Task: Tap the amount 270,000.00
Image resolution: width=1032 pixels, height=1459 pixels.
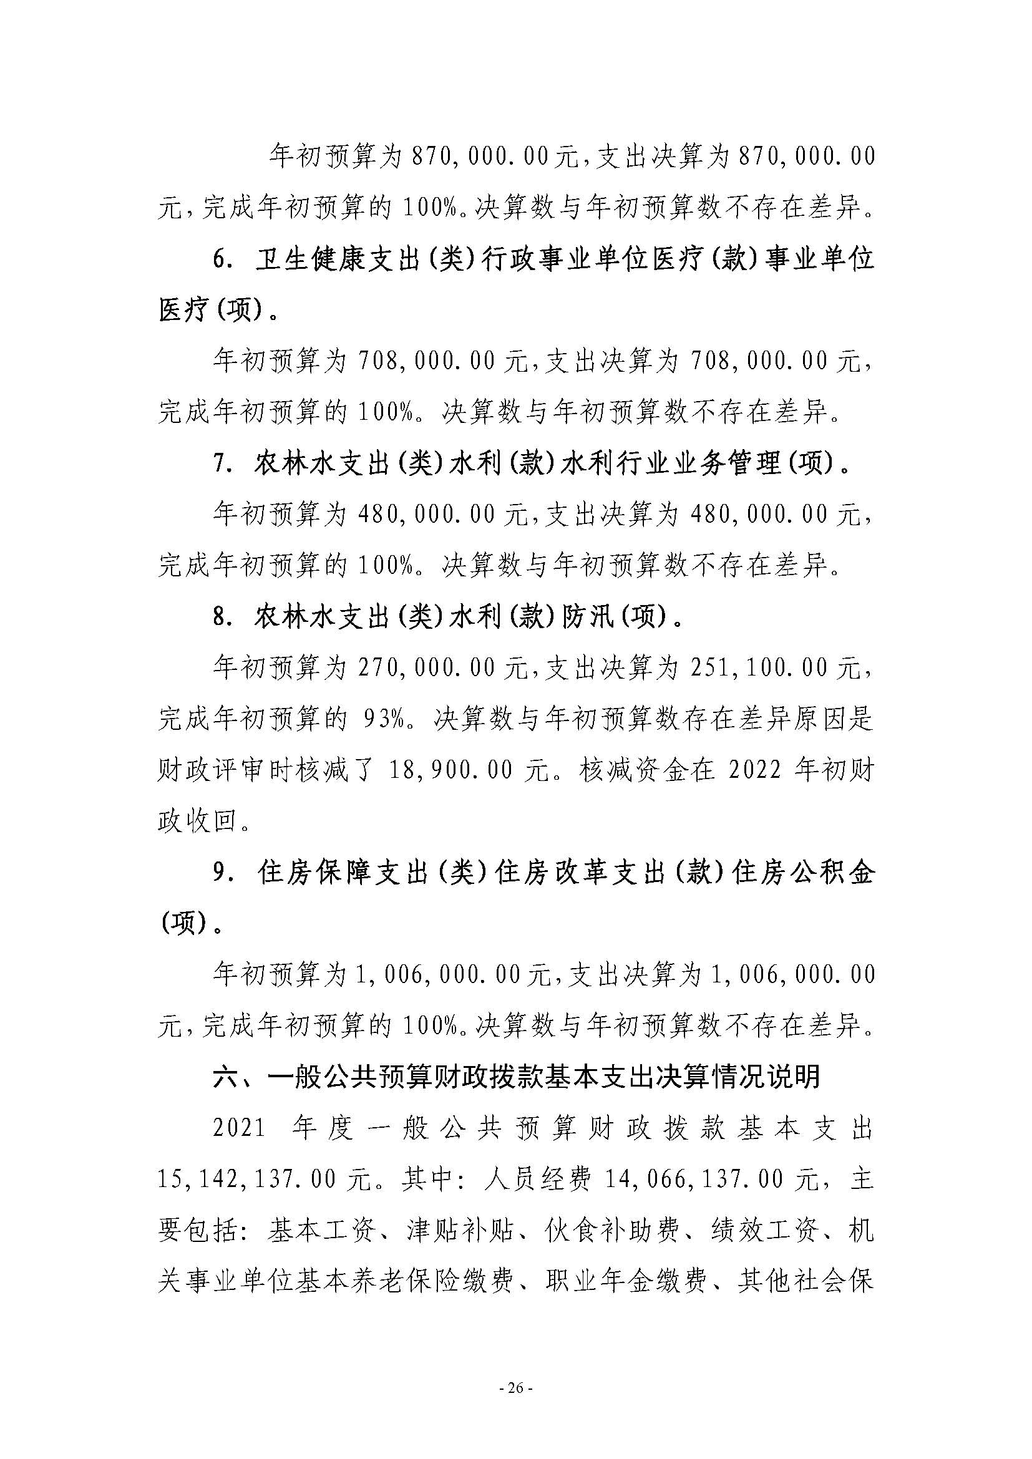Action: point(425,668)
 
